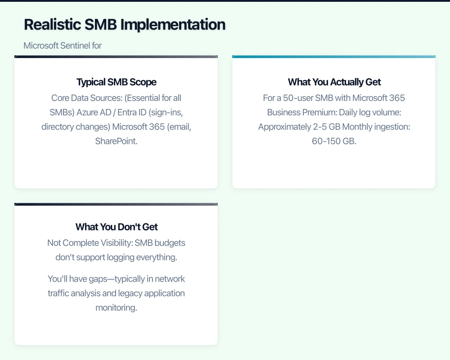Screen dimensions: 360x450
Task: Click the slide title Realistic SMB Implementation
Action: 125,24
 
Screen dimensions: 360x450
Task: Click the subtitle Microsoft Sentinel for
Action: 63,45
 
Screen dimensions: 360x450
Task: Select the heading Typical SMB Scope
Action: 116,82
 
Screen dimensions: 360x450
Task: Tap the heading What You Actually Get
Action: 334,82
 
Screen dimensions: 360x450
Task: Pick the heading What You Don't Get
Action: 116,227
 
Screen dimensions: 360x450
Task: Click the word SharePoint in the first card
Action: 116,141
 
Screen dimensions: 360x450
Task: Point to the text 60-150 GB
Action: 334,141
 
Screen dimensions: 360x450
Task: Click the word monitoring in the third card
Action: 116,308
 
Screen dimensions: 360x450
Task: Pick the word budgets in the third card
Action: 170,243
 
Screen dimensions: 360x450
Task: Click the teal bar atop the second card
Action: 334,57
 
